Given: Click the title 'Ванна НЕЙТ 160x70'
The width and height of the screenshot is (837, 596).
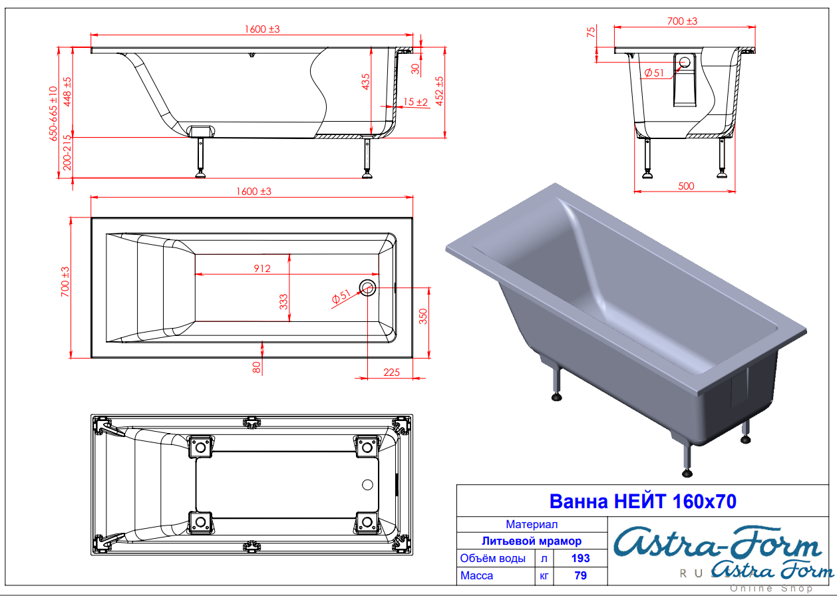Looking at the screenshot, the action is click(643, 502).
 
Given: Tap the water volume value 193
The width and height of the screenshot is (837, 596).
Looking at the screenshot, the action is click(580, 558).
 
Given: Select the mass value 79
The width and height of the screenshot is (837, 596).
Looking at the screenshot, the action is click(580, 575).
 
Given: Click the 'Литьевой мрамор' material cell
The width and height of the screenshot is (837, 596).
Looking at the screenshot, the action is click(532, 541).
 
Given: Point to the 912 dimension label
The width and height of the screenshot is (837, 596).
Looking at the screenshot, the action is click(262, 269).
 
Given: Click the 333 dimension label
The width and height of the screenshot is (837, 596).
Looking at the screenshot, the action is click(283, 302).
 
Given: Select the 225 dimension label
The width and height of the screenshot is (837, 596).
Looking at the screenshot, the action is click(391, 372).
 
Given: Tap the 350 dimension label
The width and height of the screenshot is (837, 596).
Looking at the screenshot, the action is click(423, 316).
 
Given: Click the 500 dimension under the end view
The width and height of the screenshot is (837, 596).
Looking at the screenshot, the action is click(686, 186).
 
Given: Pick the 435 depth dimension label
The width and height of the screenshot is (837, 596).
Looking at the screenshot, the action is click(366, 82).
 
